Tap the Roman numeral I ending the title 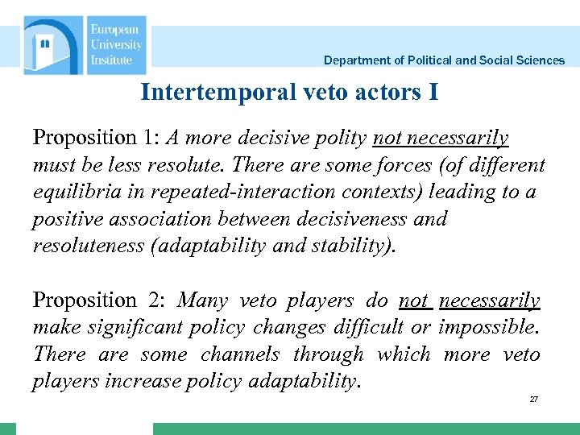[x=433, y=93]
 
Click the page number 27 [x=533, y=400]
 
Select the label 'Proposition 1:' [x=96, y=138]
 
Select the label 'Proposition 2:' [x=97, y=300]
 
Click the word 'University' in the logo [x=116, y=45]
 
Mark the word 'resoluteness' [x=89, y=246]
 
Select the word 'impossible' [x=488, y=328]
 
